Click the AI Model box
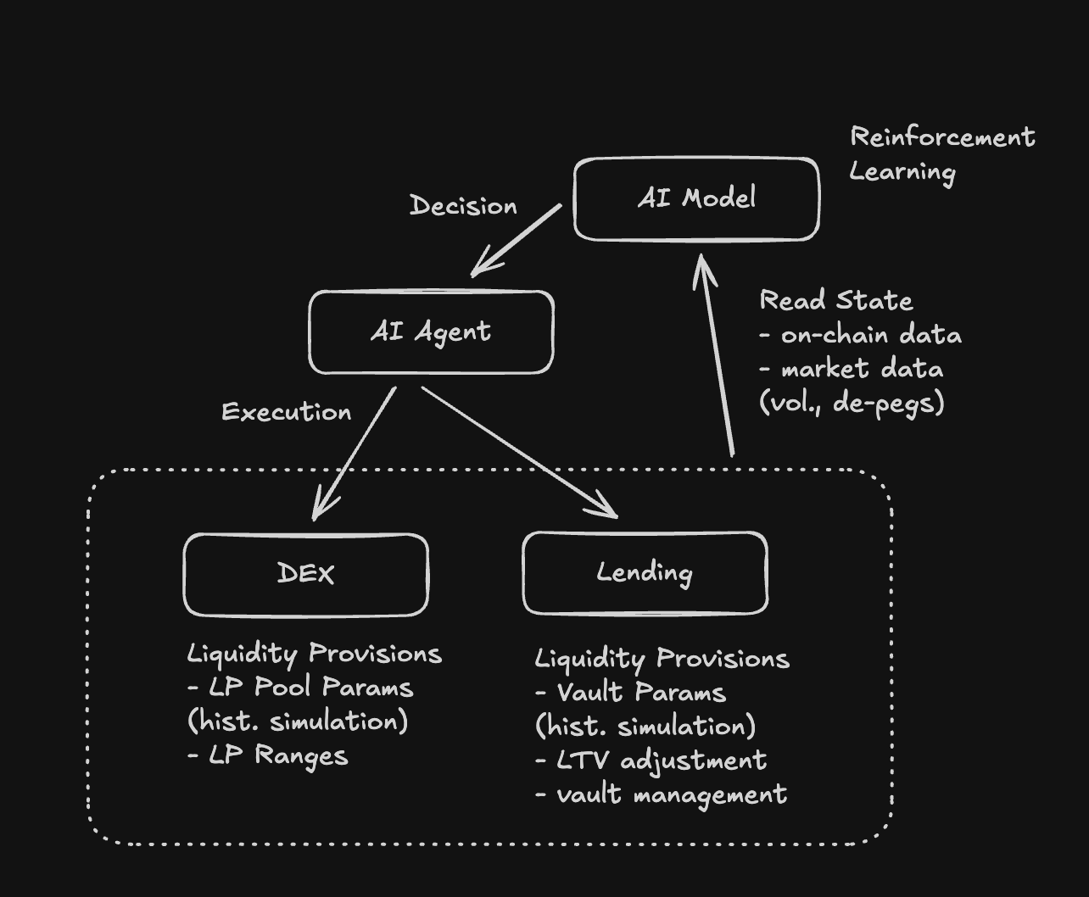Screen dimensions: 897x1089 click(696, 199)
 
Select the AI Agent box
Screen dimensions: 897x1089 click(431, 332)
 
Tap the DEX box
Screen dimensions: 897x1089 click(305, 574)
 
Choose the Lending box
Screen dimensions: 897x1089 click(645, 573)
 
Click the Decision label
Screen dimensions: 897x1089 click(463, 206)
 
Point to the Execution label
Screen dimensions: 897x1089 click(287, 412)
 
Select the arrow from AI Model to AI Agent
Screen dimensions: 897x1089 click(516, 240)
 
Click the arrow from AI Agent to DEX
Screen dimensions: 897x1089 click(355, 453)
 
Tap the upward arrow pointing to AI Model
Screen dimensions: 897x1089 click(716, 356)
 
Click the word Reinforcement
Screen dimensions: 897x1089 click(942, 137)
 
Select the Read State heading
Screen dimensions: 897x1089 click(836, 301)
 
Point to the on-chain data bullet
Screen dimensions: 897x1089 click(861, 335)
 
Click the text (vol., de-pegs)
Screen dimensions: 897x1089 click(852, 403)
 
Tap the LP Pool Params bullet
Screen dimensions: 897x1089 click(301, 688)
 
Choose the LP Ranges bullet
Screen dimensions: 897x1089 click(268, 755)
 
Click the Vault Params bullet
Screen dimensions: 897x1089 click(631, 693)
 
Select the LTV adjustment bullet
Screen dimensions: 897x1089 click(651, 760)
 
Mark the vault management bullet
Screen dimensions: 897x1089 click(662, 795)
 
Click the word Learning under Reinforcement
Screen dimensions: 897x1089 click(902, 172)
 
